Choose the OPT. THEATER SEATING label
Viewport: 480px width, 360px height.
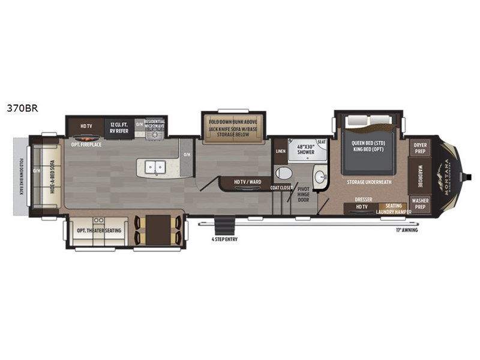pos(98,230)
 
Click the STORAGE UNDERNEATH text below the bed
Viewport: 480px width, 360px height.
pos(370,181)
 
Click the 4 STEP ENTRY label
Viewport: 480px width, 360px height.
pos(221,239)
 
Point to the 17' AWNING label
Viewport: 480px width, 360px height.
pos(406,230)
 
